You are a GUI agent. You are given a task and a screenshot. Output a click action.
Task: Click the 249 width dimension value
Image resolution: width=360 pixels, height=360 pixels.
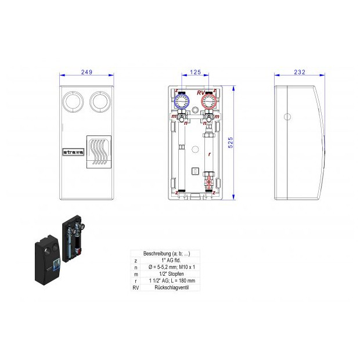[x=87, y=72]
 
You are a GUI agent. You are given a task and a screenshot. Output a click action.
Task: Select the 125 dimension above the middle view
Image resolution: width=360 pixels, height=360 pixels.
[x=195, y=72]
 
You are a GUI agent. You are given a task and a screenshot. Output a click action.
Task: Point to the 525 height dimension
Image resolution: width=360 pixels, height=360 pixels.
[x=230, y=143]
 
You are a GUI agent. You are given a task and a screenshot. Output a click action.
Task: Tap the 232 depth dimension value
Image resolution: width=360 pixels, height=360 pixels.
[x=299, y=72]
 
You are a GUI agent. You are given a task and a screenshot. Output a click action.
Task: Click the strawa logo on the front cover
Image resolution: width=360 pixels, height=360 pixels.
[x=73, y=153]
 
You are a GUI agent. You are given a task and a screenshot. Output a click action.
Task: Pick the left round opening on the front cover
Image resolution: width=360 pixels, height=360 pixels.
[x=73, y=102]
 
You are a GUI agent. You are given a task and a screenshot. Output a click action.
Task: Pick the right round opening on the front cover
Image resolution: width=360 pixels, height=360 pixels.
[x=100, y=102]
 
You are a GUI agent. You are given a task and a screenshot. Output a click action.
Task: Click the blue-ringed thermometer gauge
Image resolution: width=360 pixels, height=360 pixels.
[x=181, y=102]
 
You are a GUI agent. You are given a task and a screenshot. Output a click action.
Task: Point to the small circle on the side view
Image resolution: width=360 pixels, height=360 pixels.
[x=287, y=116]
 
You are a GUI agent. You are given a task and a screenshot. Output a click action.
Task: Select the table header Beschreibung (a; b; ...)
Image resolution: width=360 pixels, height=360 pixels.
[x=167, y=254]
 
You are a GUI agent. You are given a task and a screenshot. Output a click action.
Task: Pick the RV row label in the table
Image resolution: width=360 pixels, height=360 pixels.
[x=135, y=287]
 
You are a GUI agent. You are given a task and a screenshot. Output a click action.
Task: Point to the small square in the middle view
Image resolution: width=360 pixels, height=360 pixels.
[x=195, y=171]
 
